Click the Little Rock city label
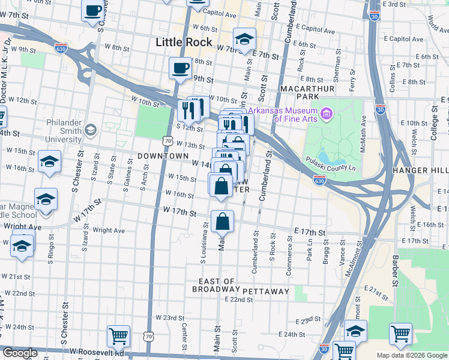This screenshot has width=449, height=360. point(184,42)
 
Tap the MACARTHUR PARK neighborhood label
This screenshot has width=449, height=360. point(307,92)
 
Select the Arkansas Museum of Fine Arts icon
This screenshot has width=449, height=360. point(327,113)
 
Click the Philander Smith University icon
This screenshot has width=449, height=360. point(91,130)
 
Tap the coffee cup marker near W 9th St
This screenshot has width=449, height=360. point(180,68)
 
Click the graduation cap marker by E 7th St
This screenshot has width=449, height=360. point(244,40)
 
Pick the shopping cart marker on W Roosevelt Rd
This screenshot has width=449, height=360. point(119,336)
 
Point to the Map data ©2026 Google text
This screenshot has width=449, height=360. point(412,355)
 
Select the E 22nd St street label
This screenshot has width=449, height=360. point(235,299)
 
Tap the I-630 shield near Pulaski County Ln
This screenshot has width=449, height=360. point(319,179)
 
